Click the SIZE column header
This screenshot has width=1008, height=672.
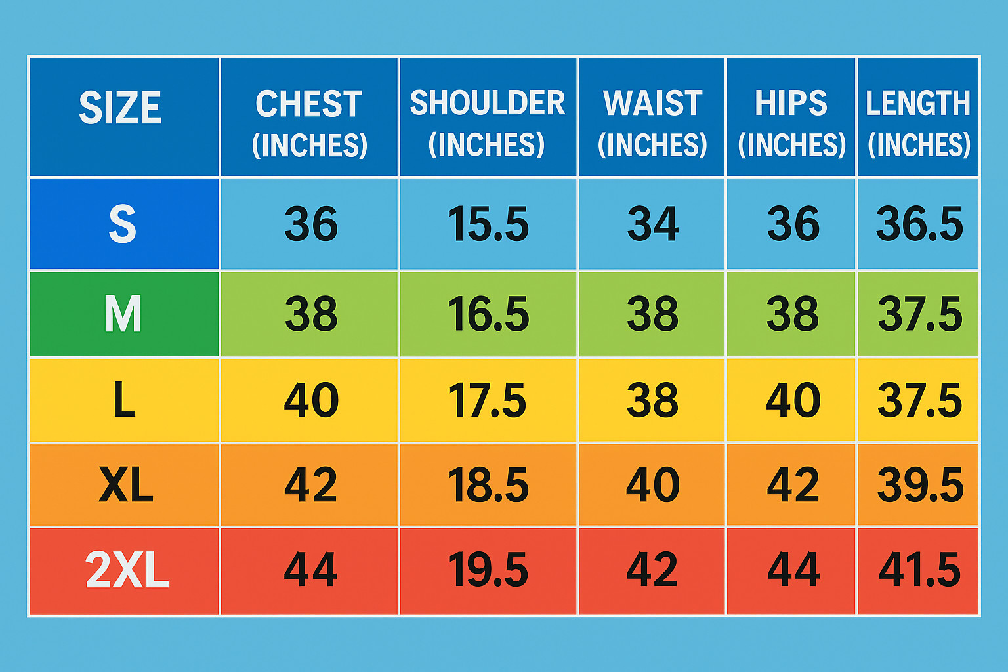tap(120, 107)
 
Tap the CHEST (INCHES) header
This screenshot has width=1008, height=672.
tap(309, 123)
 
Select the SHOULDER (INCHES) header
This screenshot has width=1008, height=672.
tap(488, 123)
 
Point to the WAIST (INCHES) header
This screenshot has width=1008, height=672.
tap(652, 123)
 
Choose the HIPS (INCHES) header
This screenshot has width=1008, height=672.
tap(791, 123)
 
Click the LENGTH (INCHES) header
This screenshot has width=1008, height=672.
tap(919, 123)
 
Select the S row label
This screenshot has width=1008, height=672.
tap(123, 224)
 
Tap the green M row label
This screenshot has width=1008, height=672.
tap(123, 314)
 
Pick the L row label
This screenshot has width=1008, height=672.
tap(124, 399)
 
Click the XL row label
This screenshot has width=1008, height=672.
tap(126, 484)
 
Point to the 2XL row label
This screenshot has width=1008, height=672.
tap(127, 570)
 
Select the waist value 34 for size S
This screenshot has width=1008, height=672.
tap(652, 223)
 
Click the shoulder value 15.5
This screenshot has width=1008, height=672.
tap(488, 223)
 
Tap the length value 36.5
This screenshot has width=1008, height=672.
tap(919, 223)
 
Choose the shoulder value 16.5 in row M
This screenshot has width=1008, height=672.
tap(488, 314)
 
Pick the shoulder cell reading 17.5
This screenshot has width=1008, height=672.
tap(487, 400)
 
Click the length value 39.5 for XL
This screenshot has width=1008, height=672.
tap(920, 485)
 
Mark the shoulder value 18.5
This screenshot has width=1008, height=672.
tap(488, 485)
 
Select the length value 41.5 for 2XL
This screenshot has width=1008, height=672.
tap(920, 570)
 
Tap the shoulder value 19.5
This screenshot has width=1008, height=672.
tap(488, 570)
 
